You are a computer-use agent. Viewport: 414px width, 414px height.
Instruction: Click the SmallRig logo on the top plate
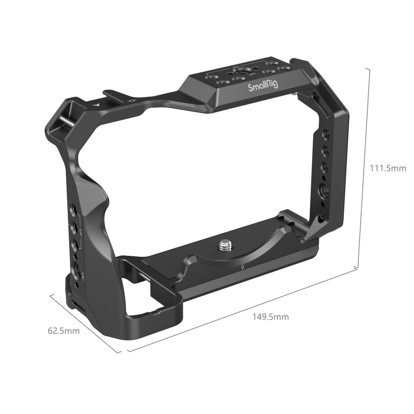point(263,86)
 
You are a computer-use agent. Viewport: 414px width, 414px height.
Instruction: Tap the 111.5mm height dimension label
point(388,168)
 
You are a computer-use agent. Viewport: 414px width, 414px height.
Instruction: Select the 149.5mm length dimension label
point(271,317)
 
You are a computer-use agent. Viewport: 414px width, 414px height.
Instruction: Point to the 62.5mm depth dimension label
point(64,331)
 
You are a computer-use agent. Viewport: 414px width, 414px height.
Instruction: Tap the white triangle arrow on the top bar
point(96,105)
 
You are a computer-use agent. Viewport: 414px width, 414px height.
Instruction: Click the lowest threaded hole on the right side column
point(321,216)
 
